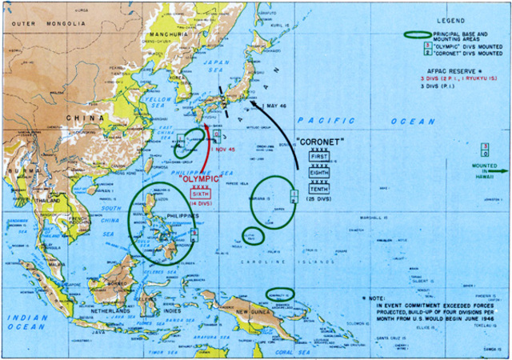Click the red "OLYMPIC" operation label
(201, 178)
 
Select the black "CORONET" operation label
(318, 142)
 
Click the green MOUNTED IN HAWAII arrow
(498, 170)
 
